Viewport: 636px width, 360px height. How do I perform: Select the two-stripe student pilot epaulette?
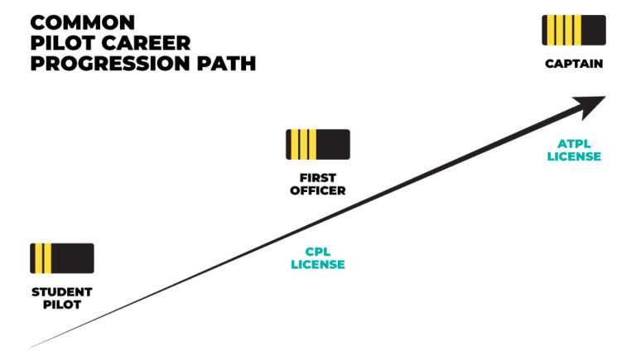pyautogui.click(x=62, y=258)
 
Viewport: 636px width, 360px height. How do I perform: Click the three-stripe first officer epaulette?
pyautogui.click(x=317, y=144)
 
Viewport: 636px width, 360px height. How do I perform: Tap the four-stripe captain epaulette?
pyautogui.click(x=574, y=30)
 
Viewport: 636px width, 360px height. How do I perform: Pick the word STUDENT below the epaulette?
pyautogui.click(x=62, y=292)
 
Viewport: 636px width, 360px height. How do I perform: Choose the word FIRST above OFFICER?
pyautogui.click(x=317, y=178)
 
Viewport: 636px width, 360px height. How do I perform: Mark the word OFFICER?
pyautogui.click(x=317, y=190)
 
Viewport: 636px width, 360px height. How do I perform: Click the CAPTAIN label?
pyautogui.click(x=574, y=64)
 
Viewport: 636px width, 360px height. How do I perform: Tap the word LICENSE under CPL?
pyautogui.click(x=317, y=264)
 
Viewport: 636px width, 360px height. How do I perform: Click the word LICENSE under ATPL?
pyautogui.click(x=574, y=156)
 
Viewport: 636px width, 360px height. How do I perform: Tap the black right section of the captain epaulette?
pyautogui.click(x=590, y=30)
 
